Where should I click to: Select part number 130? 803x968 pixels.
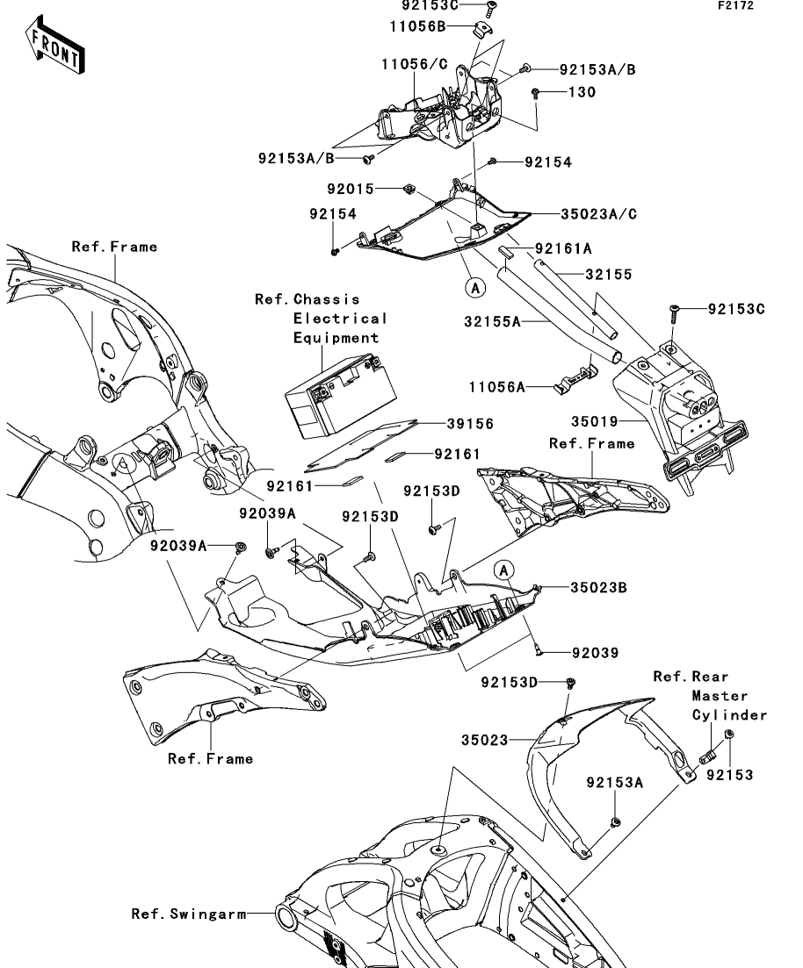(x=581, y=91)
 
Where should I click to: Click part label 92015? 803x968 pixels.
(x=351, y=189)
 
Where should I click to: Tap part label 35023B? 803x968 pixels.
(x=597, y=587)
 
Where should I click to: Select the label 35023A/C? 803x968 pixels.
(x=597, y=212)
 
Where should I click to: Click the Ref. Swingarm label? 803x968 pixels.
(x=188, y=914)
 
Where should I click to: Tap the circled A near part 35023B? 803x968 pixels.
(x=503, y=570)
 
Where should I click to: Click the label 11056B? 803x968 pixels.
(x=418, y=26)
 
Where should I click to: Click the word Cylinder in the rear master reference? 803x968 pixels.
(x=729, y=715)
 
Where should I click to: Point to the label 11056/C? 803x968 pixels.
(x=415, y=64)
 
